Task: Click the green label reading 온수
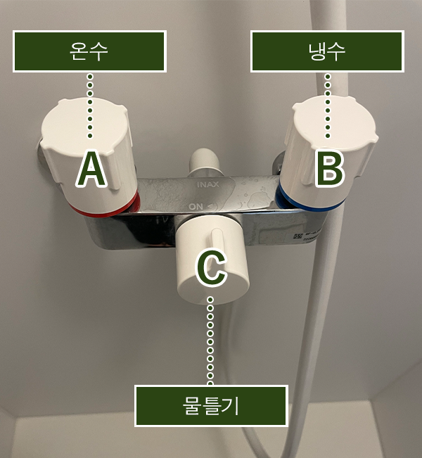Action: coord(89,51)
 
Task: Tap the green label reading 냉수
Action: coord(327,51)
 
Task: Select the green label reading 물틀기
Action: coord(211,406)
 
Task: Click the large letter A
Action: coord(91,169)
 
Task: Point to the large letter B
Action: coord(329,169)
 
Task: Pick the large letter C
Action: coord(211,268)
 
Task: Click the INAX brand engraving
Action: coord(208,184)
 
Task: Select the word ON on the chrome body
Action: coord(196,207)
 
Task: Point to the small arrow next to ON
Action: coord(212,207)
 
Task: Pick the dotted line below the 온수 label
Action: coord(90,106)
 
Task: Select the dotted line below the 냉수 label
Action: coord(328,106)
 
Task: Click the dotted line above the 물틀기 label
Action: coord(210,341)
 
